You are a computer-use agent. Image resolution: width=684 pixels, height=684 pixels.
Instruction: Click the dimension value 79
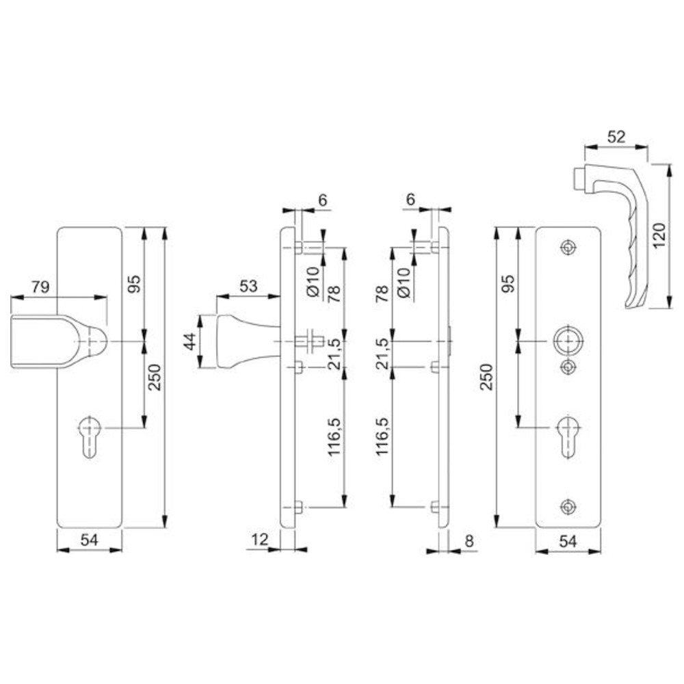click(x=40, y=287)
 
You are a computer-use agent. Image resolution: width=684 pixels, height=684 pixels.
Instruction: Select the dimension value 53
click(x=248, y=286)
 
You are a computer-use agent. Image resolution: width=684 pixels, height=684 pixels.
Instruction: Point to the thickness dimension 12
click(x=259, y=540)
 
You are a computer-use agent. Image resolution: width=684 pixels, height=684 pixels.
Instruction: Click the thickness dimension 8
click(x=469, y=541)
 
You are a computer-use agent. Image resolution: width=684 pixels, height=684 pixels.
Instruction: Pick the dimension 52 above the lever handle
click(x=616, y=137)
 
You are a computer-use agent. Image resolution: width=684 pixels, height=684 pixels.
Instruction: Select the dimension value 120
click(x=659, y=235)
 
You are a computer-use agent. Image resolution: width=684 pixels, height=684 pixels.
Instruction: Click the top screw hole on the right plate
click(x=568, y=248)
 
